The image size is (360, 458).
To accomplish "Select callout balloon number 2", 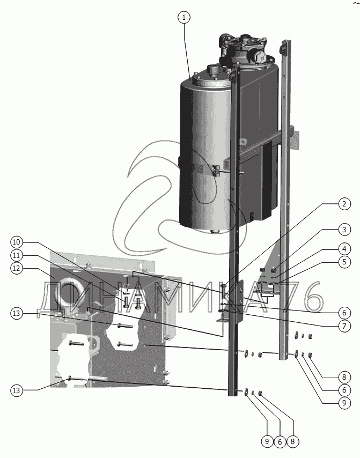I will (344, 204).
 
